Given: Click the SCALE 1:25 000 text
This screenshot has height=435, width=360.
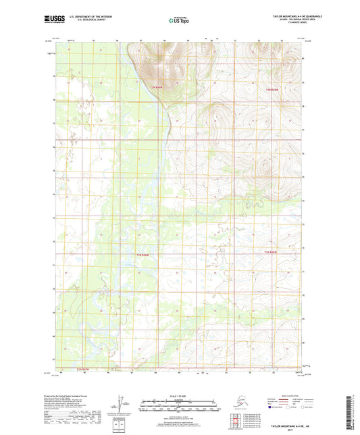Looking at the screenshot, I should pos(180,395).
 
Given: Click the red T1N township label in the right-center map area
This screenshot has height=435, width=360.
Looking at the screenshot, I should pos(269,253).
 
